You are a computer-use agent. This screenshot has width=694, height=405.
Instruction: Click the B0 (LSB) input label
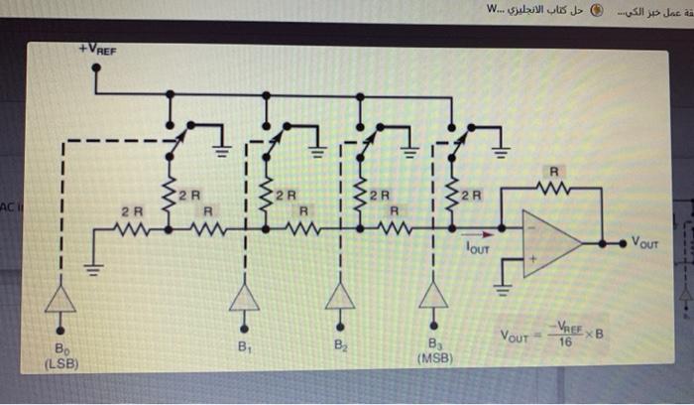pyautogui.click(x=60, y=355)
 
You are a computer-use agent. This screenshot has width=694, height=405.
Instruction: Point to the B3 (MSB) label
pyautogui.click(x=432, y=354)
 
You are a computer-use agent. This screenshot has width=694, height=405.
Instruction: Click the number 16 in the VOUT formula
pyautogui.click(x=565, y=341)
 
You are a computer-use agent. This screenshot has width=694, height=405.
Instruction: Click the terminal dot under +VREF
pyautogui.click(x=96, y=69)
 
